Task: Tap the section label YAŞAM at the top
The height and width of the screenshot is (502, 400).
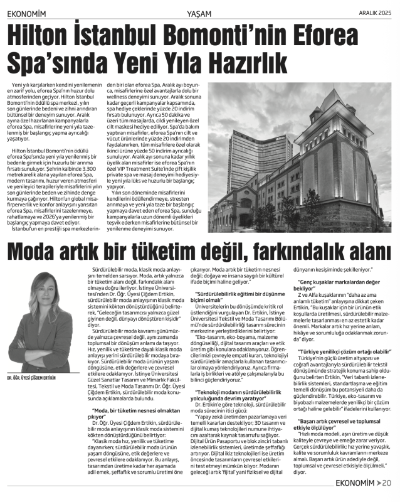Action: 199,12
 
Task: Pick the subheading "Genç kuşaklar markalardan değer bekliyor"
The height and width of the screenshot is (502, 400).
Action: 339,281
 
